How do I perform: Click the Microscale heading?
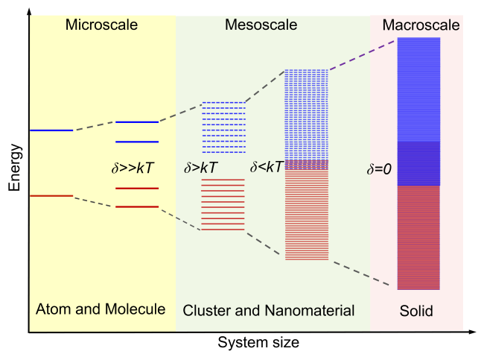101,25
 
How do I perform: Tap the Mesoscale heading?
261,25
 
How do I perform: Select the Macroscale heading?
421,25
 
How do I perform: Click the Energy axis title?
14,168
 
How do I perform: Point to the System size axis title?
258,342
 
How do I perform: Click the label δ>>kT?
133,168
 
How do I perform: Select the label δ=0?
379,169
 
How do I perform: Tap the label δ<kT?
267,167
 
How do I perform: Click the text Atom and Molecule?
101,309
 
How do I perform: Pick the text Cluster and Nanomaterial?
269,311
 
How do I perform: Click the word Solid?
416,311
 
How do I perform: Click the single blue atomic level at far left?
51,130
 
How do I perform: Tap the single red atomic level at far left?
51,196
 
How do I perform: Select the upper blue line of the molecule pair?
137,122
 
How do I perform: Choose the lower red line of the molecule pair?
137,206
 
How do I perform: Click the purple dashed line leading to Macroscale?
362,55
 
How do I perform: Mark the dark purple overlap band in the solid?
418,163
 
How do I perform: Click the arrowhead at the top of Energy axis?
29,11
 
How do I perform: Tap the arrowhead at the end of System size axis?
472,332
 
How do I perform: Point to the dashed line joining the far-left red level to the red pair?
95,202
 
